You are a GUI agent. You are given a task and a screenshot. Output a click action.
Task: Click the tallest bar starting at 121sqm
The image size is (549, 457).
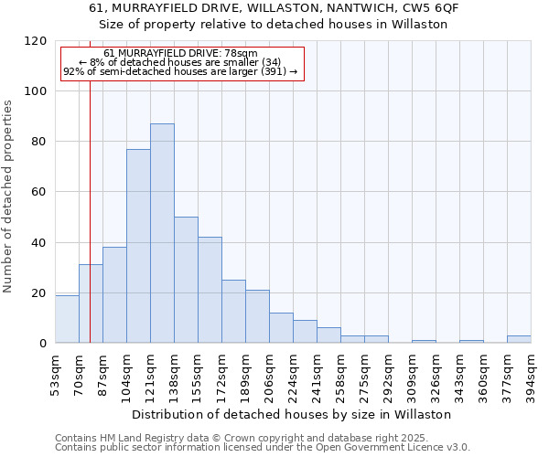[x=162, y=233]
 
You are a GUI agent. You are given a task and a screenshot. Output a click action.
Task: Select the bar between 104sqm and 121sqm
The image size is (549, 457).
[x=138, y=246]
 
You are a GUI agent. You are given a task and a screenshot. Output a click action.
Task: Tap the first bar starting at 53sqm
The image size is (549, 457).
[x=67, y=319]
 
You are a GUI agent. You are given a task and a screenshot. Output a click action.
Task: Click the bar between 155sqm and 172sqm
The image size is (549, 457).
[x=210, y=290]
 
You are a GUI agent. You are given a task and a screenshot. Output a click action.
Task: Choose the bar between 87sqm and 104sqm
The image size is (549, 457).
[x=114, y=295]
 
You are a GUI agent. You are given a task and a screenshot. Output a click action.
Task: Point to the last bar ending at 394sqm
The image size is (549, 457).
[x=519, y=339]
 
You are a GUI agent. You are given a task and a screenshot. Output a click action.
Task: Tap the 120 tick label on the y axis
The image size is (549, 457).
[x=36, y=41]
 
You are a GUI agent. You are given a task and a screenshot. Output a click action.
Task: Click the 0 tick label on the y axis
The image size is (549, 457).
[x=43, y=344]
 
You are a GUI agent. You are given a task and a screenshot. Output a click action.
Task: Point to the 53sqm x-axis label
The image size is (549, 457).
[x=55, y=372]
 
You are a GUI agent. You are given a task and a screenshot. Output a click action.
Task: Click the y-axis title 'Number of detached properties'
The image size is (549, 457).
[x=8, y=197]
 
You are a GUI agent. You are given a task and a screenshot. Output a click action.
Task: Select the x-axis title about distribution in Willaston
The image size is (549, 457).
[x=293, y=414]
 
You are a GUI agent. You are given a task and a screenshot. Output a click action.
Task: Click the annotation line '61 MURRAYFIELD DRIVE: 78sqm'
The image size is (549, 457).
[x=180, y=54]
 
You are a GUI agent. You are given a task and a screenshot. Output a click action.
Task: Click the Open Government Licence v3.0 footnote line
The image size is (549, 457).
[x=263, y=447]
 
